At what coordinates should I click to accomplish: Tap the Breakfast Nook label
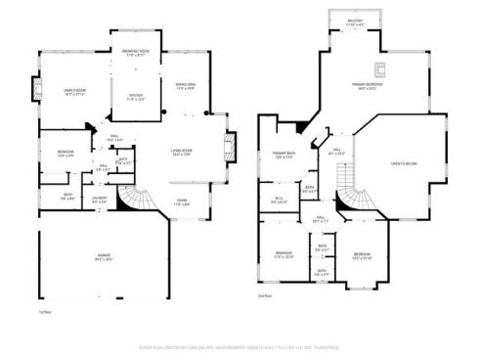[136, 51]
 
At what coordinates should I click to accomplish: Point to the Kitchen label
[136, 96]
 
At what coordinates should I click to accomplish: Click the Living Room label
[182, 151]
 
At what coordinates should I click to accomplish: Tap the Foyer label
[182, 202]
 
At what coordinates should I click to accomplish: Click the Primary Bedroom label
[368, 85]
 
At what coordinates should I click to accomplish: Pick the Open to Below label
[403, 163]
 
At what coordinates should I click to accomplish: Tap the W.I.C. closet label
[279, 201]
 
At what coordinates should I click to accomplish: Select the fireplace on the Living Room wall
[231, 149]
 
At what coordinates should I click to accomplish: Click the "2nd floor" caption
[264, 294]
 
